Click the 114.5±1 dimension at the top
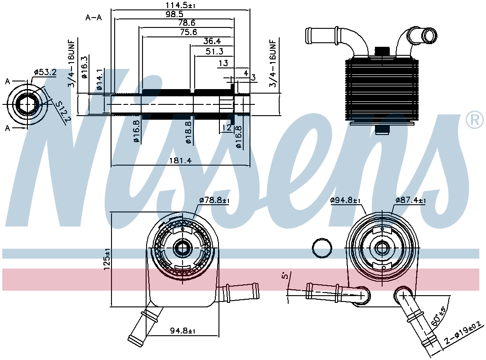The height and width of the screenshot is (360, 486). point(180,5)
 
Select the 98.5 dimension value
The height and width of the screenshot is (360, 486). point(174,14)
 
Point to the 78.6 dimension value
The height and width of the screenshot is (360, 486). point(187,22)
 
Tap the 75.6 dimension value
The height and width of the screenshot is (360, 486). point(188,32)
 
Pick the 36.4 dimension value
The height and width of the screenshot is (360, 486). point(212,41)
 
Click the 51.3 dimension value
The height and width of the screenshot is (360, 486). point(214,51)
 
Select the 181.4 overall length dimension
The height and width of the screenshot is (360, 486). point(180,161)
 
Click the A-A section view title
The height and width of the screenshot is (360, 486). point(94,18)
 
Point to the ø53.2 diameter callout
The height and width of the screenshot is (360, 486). point(45,72)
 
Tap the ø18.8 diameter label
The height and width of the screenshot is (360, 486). point(189,132)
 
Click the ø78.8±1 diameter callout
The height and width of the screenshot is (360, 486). point(214,200)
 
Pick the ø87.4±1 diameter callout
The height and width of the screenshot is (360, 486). point(410,200)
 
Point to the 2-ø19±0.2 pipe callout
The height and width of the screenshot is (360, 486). point(464,333)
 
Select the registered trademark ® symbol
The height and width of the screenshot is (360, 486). point(474,120)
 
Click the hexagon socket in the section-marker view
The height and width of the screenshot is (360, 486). point(27,104)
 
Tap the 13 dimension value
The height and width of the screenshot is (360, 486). point(223,63)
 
